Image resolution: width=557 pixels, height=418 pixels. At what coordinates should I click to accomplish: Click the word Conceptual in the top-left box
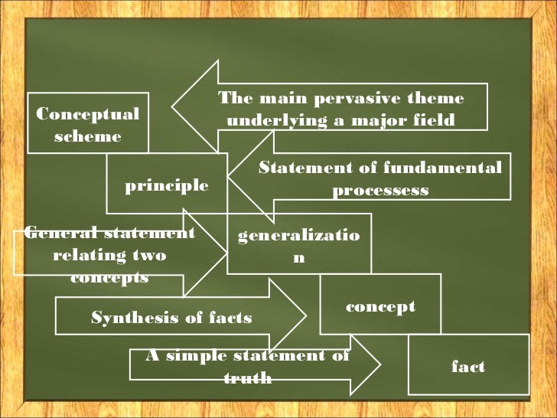coord(88,114)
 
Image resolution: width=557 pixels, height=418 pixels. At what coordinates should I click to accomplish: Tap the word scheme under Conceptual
coord(88,136)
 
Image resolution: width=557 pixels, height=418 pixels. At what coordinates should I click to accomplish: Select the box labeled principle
coord(167,185)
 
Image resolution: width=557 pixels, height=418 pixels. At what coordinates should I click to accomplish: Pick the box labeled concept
coord(380,306)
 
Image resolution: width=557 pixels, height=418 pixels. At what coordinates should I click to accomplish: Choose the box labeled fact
coord(468,366)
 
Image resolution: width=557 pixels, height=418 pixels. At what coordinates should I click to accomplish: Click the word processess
coord(380,190)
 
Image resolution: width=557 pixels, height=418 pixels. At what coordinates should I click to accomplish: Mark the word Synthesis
coord(129,317)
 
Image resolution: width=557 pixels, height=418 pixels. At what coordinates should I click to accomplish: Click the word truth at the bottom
coord(248,377)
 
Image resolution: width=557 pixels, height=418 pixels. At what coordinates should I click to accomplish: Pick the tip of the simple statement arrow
coord(379,364)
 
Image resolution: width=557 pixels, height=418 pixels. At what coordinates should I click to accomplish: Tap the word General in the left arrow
coord(53,233)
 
